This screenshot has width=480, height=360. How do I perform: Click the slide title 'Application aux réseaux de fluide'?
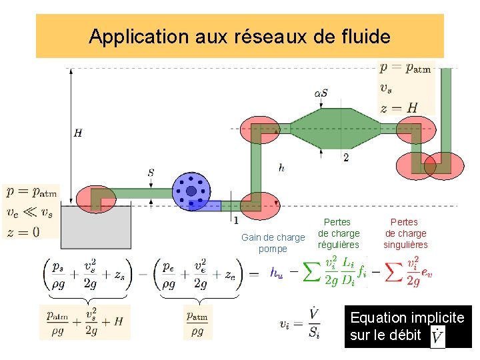click(239, 36)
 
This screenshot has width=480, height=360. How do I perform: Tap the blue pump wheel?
click(191, 191)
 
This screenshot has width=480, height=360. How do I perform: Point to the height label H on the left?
click(78, 133)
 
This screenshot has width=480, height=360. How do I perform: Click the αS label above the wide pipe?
click(321, 93)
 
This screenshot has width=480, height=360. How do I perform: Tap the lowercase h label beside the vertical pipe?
click(282, 169)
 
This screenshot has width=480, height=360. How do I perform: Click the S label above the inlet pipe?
click(151, 172)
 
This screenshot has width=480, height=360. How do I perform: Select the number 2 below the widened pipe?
click(345, 158)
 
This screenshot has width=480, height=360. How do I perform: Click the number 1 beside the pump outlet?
click(236, 219)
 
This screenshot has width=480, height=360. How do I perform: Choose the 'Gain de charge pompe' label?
click(273, 243)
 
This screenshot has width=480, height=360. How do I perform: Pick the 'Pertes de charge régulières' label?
click(339, 233)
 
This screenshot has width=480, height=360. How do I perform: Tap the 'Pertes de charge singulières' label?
click(405, 233)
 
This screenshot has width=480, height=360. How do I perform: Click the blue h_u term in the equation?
click(276, 273)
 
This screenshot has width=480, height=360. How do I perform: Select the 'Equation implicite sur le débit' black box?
click(409, 327)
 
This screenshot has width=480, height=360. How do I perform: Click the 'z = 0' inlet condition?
click(23, 232)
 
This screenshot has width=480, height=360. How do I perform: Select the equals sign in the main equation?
click(253, 273)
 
